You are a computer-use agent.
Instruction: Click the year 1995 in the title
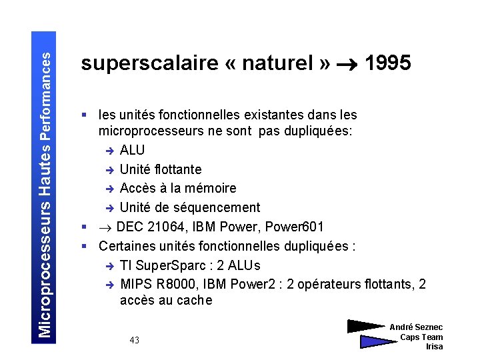coord(388,63)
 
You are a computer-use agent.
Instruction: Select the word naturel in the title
coord(279,63)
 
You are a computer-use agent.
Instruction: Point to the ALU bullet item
coord(132,150)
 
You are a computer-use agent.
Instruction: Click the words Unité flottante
coord(161,169)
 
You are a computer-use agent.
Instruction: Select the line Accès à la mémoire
coord(178,189)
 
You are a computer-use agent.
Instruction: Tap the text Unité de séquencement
coord(190,208)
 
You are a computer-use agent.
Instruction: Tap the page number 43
coord(135,341)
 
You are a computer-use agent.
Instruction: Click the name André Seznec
coord(416,327)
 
